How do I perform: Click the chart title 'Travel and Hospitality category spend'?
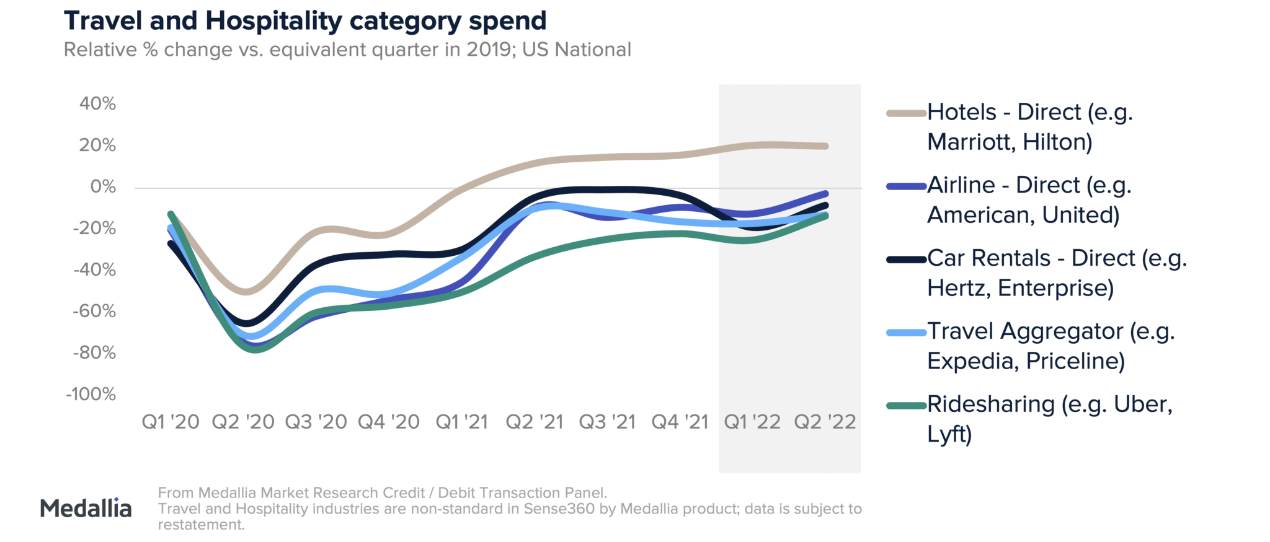pyautogui.click(x=304, y=21)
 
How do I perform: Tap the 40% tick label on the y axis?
pyautogui.click(x=97, y=103)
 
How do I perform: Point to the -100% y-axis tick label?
pyautogui.click(x=91, y=394)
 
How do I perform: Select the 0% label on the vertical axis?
pyautogui.click(x=103, y=186)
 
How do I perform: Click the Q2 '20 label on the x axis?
pyautogui.click(x=243, y=422)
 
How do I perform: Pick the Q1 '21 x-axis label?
pyautogui.click(x=462, y=422)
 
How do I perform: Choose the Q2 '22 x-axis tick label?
pyautogui.click(x=825, y=422)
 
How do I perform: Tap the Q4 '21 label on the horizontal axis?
pyautogui.click(x=680, y=422)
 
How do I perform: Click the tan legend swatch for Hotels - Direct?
pyautogui.click(x=906, y=113)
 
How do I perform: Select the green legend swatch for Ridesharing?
pyautogui.click(x=906, y=406)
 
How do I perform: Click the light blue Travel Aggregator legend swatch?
pyautogui.click(x=906, y=333)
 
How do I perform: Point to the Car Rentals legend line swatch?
pyautogui.click(x=906, y=260)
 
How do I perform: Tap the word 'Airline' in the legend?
pyautogui.click(x=961, y=185)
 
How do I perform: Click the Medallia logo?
pyautogui.click(x=86, y=509)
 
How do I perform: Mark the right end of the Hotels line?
pyautogui.click(x=825, y=146)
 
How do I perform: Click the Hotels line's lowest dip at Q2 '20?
pyautogui.click(x=246, y=291)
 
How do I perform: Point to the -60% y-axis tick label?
pyautogui.click(x=94, y=311)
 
